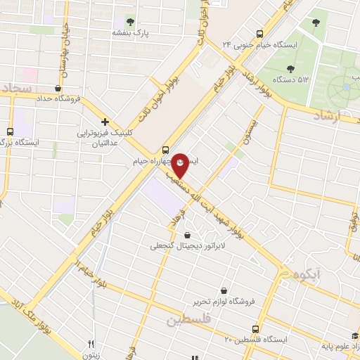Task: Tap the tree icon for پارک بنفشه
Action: pos(131,21)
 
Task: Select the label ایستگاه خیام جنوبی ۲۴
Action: pos(226,44)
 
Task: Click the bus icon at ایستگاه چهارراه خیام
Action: pos(165,149)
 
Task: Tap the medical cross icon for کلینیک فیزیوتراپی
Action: pos(105,122)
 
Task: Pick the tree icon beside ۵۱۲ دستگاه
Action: pos(290,69)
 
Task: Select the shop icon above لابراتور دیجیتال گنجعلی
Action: pos(187,235)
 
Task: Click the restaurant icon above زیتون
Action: pos(91,343)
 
